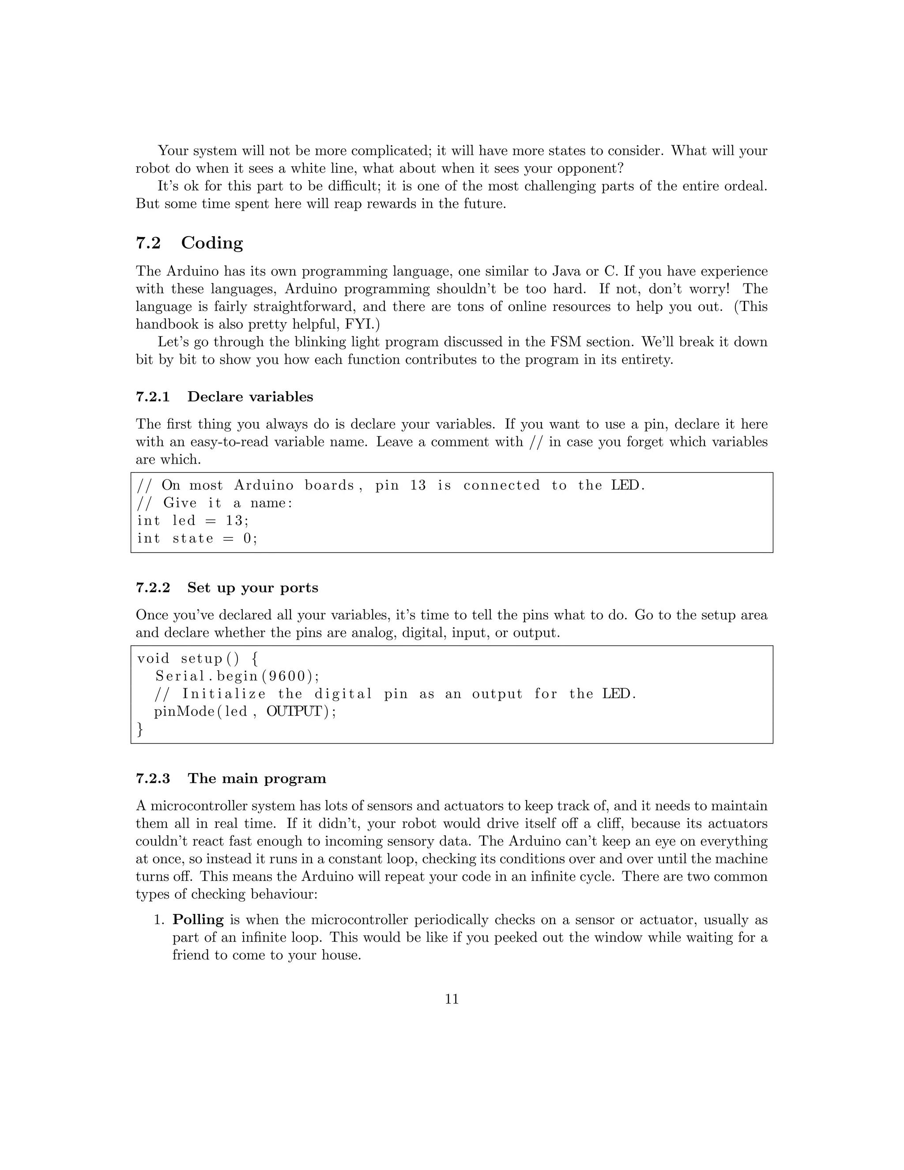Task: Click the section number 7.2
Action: pyautogui.click(x=148, y=243)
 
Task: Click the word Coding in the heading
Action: pyautogui.click(x=211, y=243)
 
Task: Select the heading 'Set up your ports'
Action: pyautogui.click(x=252, y=588)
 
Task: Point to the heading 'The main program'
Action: pyautogui.click(x=256, y=778)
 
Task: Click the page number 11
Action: pyautogui.click(x=452, y=999)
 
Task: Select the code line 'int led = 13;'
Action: pyautogui.click(x=193, y=521)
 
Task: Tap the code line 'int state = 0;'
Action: pyautogui.click(x=197, y=538)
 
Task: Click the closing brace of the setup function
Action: pyautogui.click(x=140, y=730)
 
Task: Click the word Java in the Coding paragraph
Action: pyautogui.click(x=567, y=272)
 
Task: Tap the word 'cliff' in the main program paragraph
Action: pyautogui.click(x=616, y=824)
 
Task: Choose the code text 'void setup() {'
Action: pyautogui.click(x=197, y=659)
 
